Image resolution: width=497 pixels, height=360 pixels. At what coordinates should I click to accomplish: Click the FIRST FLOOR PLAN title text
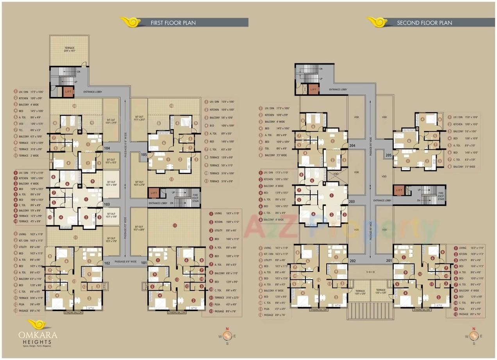[173, 23]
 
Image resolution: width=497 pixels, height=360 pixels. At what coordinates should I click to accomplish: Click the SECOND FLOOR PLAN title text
[424, 23]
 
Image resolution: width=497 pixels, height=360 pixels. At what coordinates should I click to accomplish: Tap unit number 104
[108, 149]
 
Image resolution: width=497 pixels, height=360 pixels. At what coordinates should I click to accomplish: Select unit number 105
[144, 155]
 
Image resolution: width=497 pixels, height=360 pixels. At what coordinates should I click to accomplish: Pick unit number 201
[388, 260]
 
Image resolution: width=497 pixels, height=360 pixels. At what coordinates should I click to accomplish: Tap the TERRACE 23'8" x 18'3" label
[69, 50]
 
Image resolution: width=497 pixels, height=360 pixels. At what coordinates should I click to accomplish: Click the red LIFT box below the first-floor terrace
[68, 91]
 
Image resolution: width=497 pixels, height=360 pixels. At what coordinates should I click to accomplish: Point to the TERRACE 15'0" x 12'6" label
[360, 292]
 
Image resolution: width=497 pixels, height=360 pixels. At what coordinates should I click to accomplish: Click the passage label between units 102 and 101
[125, 261]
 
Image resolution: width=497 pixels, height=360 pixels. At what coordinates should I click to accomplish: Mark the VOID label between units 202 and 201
[371, 272]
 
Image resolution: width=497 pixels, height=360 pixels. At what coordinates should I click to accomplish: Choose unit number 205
[388, 155]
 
